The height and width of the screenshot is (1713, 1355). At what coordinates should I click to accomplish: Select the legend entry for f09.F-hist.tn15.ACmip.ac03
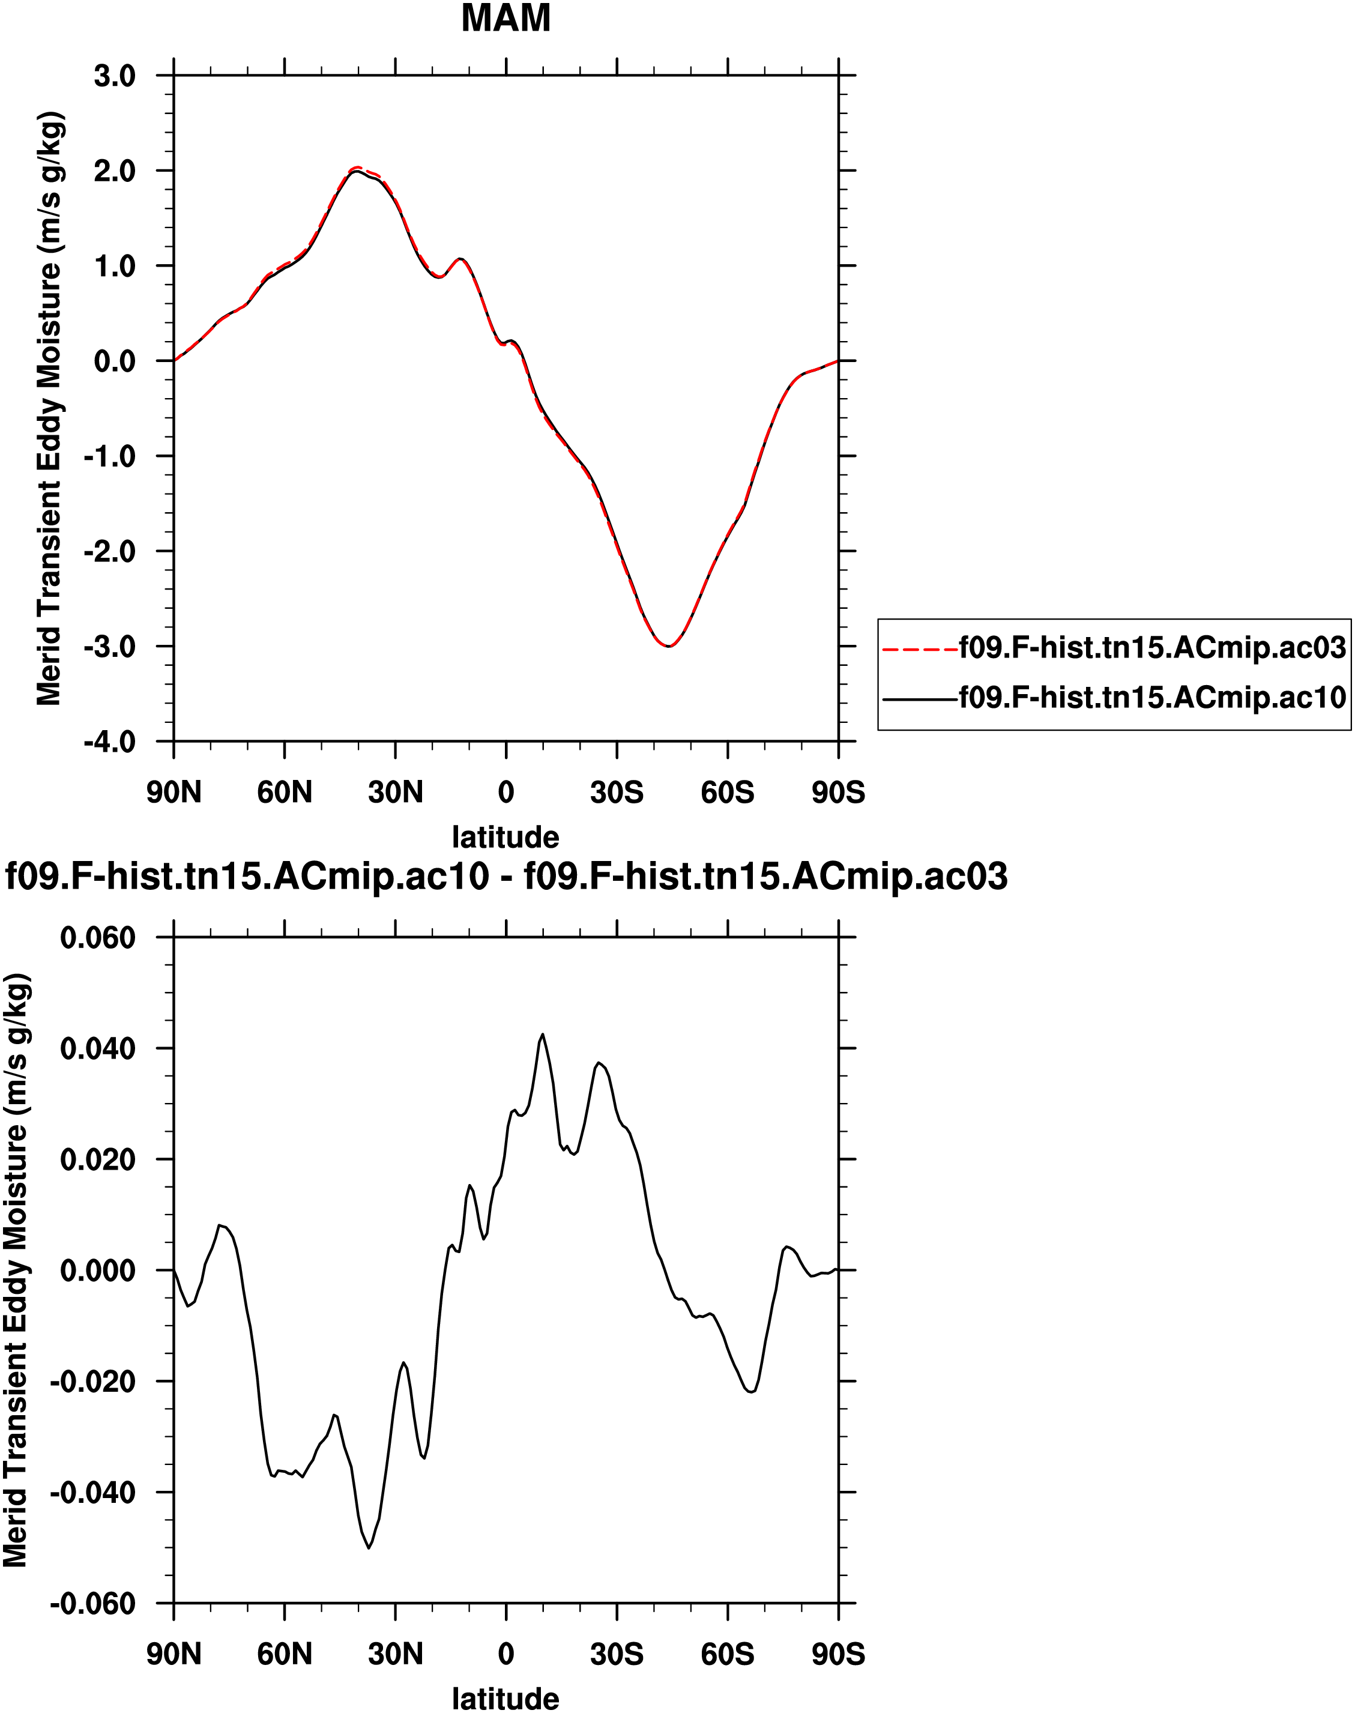coord(1152,648)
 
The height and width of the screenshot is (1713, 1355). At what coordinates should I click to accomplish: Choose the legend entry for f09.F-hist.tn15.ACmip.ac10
coord(1152,698)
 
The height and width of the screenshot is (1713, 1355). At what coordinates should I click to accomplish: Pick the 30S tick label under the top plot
coord(617,792)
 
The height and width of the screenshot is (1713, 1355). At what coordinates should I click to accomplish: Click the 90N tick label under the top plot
coord(174,792)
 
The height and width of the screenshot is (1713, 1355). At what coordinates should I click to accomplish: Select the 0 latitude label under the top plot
coord(505,792)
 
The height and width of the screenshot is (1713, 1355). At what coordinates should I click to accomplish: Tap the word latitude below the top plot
coord(505,836)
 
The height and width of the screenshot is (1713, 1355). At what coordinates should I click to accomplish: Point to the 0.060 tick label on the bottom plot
coord(98,938)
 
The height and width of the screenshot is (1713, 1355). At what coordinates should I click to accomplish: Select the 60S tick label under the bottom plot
coord(728,1654)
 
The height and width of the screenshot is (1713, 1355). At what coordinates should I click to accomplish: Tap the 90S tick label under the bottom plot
coord(837,1654)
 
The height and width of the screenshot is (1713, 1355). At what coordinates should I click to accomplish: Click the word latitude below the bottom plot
coord(505,1699)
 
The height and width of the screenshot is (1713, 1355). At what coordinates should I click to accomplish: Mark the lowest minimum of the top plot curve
coord(669,646)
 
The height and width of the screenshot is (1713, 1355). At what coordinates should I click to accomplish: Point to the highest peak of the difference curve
coord(543,1035)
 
